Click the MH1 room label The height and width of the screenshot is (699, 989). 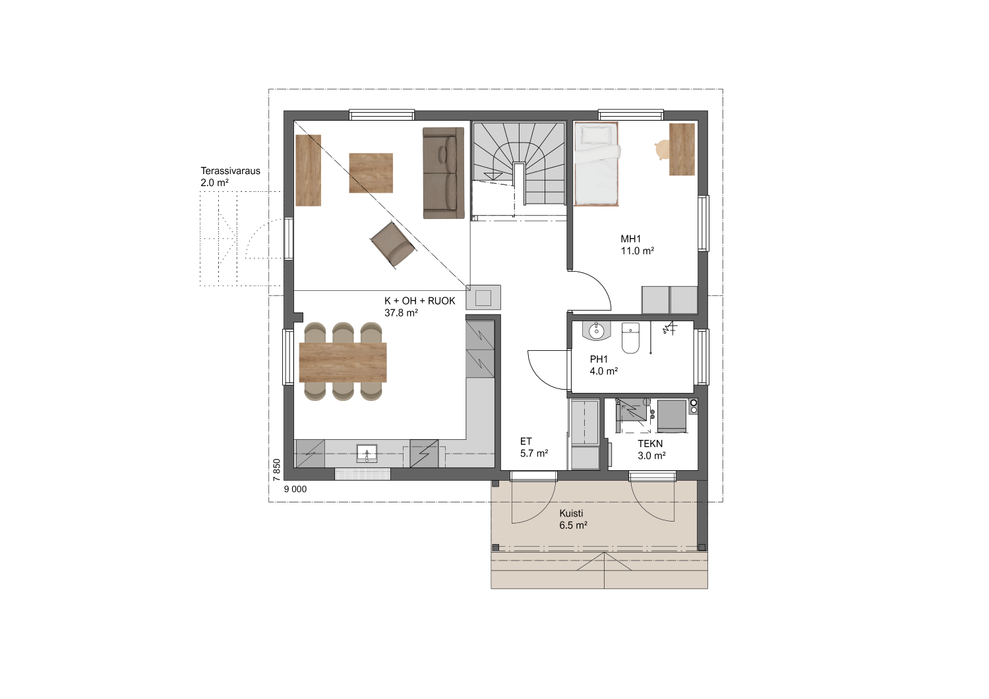[630, 239]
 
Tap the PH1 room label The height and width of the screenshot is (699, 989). [599, 359]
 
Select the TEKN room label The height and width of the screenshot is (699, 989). [650, 444]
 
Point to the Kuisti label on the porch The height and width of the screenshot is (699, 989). [572, 513]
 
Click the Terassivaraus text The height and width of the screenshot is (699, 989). [231, 171]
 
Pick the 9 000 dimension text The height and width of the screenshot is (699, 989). [295, 489]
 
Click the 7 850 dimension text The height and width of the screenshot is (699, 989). [277, 470]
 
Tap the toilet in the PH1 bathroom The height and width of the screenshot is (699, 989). [630, 338]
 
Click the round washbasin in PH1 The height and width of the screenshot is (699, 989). [596, 330]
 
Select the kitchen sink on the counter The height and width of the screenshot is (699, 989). [367, 454]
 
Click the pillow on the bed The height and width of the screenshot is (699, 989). [595, 135]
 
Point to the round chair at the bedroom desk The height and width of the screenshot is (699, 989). [661, 150]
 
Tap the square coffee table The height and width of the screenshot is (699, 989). [371, 173]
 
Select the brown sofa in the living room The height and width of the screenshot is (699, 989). [443, 173]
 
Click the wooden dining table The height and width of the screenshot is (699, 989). [343, 363]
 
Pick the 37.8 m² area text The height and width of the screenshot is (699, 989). [401, 313]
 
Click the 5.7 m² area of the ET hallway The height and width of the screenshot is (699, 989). [534, 453]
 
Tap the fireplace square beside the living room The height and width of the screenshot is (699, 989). [483, 298]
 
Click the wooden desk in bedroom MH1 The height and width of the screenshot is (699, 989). [682, 149]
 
